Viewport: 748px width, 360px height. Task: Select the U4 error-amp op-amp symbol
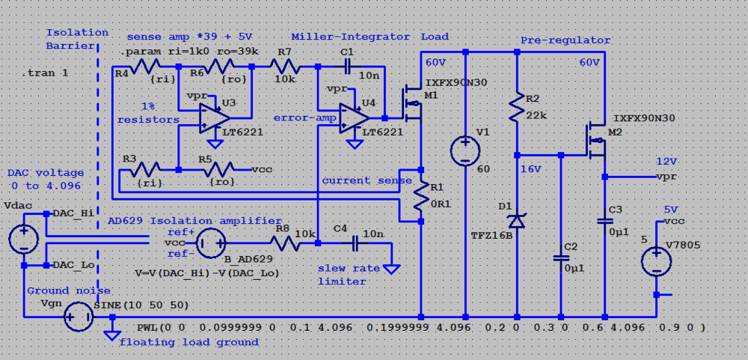(x=354, y=118)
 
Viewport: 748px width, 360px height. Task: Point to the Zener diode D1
(x=517, y=221)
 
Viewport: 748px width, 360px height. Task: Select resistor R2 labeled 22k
(x=517, y=108)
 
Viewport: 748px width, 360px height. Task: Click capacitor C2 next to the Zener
(x=561, y=257)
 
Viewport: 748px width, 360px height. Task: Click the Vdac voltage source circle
(x=23, y=240)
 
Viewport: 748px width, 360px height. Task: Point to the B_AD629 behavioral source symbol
(x=212, y=242)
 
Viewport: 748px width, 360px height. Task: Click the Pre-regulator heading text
(x=565, y=40)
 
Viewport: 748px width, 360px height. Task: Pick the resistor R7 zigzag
(x=284, y=67)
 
